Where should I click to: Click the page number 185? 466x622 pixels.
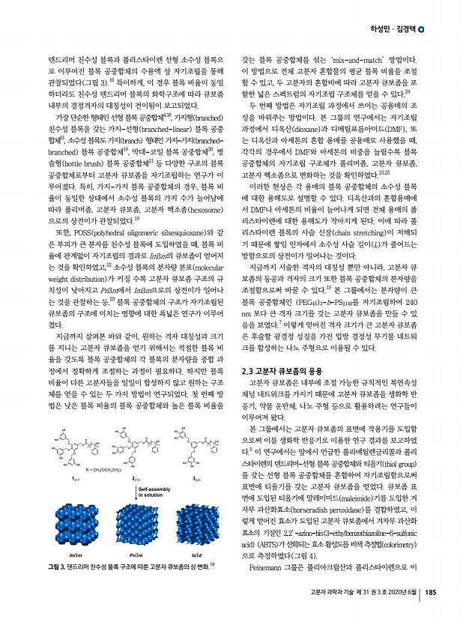tap(431, 594)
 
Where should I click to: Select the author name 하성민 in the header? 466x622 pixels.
tap(379, 29)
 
